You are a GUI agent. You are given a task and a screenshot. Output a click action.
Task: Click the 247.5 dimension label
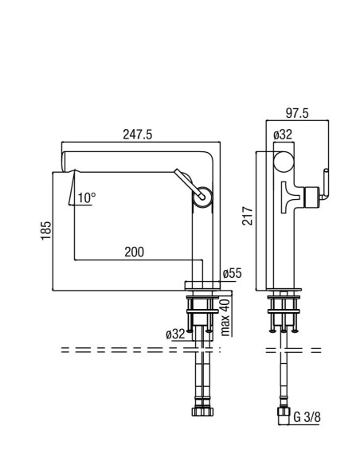point(137,135)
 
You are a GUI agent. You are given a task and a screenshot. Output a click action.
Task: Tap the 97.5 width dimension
point(297,113)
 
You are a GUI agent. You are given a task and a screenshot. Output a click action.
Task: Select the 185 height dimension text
point(46,231)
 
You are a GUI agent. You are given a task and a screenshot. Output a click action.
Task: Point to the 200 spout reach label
point(134,252)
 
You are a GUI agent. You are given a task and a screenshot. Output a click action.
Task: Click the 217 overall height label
point(248,216)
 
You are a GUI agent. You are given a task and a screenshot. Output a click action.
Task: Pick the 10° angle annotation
point(87,197)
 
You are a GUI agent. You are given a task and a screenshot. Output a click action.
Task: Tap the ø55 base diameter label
point(233,273)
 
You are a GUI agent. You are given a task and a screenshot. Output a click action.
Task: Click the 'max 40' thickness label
point(225,317)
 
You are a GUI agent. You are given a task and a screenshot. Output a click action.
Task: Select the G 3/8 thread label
point(307,417)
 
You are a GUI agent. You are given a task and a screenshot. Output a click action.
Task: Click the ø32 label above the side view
point(283,135)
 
